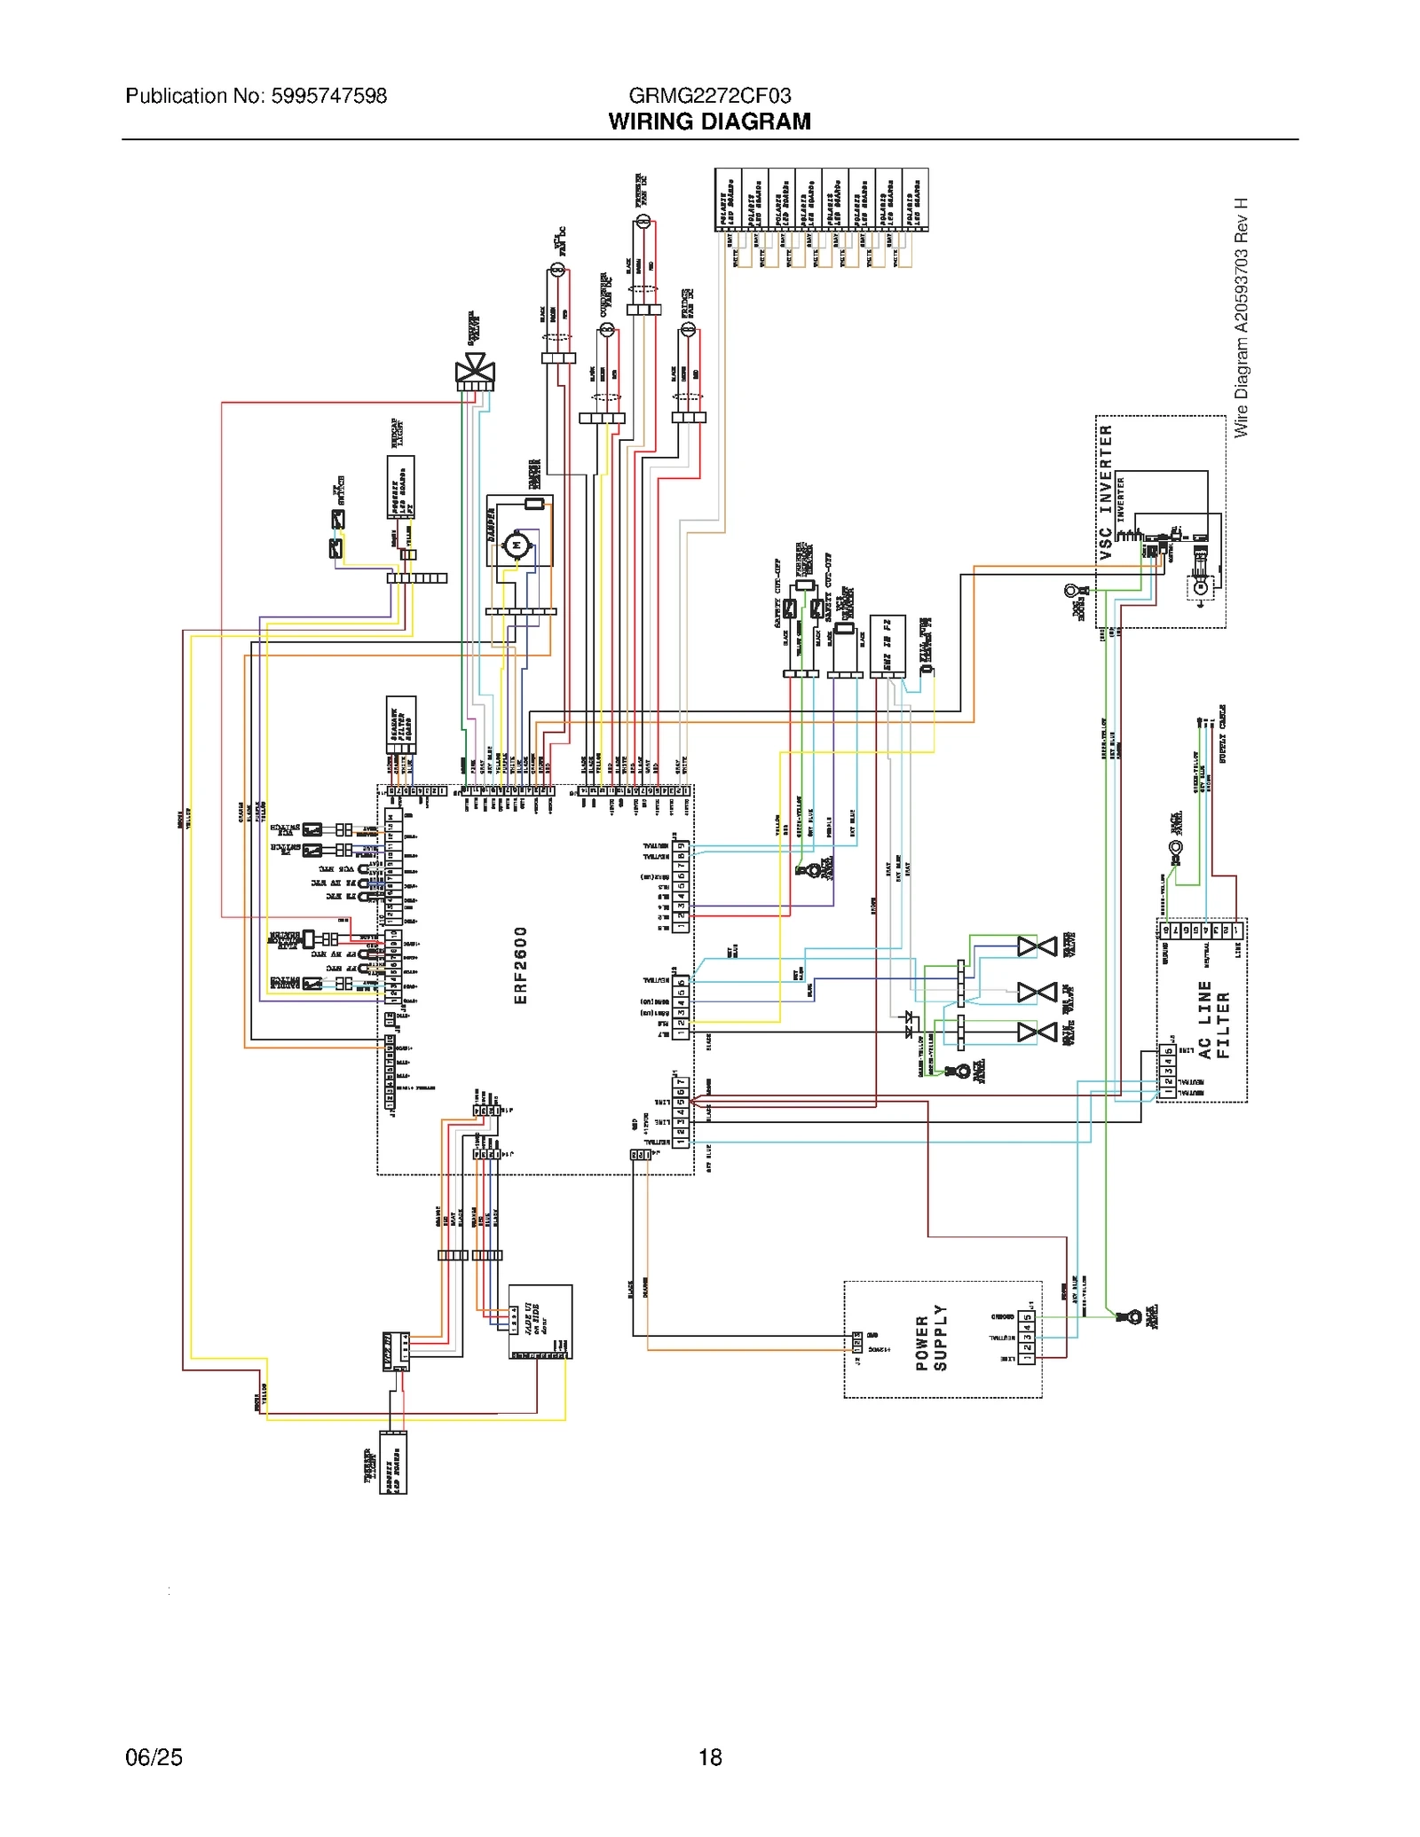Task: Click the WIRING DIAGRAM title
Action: click(x=709, y=122)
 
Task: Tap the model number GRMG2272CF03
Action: click(x=709, y=96)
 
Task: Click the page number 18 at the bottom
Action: click(x=710, y=1757)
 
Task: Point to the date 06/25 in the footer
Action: click(x=154, y=1757)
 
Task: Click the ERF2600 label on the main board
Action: click(x=521, y=965)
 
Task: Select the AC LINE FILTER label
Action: click(x=1213, y=1020)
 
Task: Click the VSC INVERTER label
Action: click(x=1106, y=491)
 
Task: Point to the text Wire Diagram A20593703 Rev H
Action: click(x=1241, y=318)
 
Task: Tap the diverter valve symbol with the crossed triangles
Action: click(x=475, y=367)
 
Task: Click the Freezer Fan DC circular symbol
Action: click(x=643, y=221)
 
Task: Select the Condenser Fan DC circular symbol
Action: click(x=607, y=331)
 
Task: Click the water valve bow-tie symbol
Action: click(x=1036, y=946)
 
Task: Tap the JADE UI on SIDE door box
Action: click(x=540, y=1321)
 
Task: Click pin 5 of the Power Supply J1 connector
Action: click(x=1027, y=1316)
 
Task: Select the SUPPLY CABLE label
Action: click(x=1222, y=734)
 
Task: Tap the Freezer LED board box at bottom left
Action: click(x=393, y=1462)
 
